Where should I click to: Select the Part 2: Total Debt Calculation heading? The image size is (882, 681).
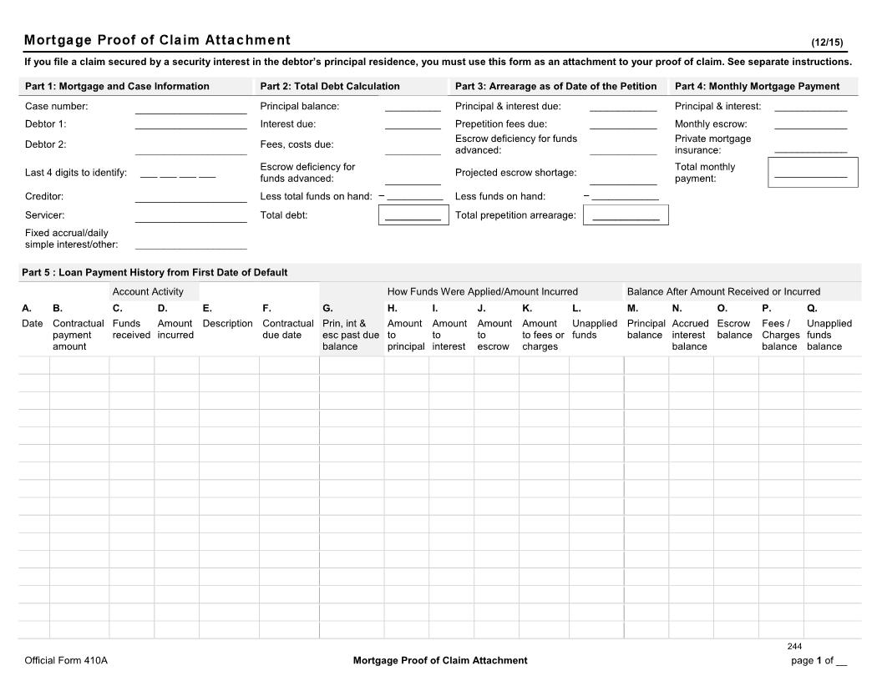coord(329,86)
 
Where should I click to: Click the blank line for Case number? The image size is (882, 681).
coord(190,108)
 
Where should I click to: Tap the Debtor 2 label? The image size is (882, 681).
coord(46,144)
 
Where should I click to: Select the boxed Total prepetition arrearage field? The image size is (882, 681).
coord(626,215)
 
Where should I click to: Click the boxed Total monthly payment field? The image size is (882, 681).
coord(812,173)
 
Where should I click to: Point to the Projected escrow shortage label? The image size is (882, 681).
coord(515,173)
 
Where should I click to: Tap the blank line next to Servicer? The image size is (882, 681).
coord(190,218)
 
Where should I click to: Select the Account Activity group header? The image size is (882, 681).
coord(148,291)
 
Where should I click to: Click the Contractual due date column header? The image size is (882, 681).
coord(288,329)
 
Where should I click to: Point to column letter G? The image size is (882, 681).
coord(327,308)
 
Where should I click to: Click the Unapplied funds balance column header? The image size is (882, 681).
coord(829,335)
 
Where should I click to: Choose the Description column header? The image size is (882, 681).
coord(227,323)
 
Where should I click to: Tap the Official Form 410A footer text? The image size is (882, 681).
coord(66,660)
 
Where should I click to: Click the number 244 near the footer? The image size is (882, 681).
coord(794,647)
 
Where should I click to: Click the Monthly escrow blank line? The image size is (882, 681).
coord(810,126)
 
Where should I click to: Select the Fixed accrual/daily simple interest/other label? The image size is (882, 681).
coord(71,239)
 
